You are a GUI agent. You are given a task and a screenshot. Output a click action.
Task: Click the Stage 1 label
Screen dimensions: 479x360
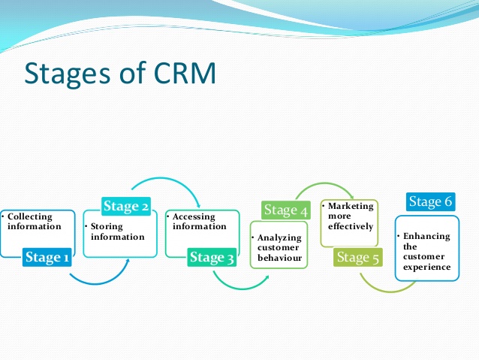47,257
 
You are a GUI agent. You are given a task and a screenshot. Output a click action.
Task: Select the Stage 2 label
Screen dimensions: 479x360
126,206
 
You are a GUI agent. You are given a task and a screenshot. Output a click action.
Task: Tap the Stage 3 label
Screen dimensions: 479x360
212,257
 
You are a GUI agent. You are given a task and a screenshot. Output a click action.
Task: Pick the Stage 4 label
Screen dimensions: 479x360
286,210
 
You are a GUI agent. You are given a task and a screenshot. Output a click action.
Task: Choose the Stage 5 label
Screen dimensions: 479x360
357,257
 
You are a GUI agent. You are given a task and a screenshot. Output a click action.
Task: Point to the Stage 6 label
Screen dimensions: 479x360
431,201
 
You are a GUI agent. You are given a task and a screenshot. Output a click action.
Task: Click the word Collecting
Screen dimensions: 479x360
30,217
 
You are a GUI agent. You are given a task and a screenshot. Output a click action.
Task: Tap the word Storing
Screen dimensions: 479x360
107,227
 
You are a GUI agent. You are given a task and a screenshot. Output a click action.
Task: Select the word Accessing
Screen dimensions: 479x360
194,217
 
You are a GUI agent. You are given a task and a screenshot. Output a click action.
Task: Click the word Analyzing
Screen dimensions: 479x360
279,238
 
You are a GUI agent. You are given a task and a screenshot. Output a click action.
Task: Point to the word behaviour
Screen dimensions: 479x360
279,258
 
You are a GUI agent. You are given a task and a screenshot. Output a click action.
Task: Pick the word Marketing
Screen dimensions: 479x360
351,206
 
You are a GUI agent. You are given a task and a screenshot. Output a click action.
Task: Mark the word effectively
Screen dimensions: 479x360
351,226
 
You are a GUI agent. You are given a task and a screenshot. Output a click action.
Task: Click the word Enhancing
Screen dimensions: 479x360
426,237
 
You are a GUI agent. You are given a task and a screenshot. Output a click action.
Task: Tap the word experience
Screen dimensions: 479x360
426,268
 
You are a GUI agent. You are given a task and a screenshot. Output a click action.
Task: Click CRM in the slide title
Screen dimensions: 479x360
185,73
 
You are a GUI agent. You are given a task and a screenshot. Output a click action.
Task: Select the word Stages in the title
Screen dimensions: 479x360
68,74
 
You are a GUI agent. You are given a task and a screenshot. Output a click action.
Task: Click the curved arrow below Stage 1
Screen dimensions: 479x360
97,283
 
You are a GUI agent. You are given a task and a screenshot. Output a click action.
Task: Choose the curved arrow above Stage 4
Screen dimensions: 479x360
325,184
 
